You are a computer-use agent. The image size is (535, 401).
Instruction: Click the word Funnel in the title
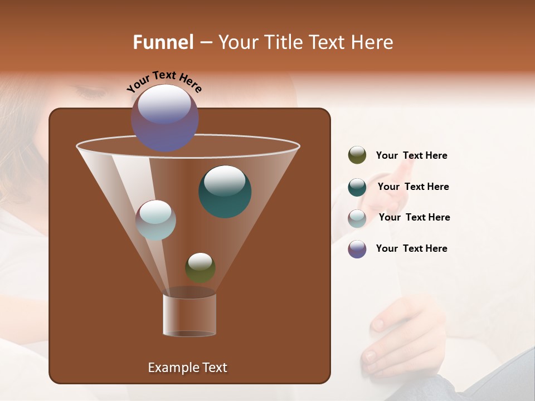(x=163, y=42)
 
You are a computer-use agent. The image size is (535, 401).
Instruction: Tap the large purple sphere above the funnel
(x=164, y=118)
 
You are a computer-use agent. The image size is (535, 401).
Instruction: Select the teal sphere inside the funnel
(x=225, y=192)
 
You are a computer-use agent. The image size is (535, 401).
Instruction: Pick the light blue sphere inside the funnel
(x=156, y=220)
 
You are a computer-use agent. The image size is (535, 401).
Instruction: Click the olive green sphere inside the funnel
(x=200, y=267)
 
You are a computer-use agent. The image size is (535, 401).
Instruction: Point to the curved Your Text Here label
(x=164, y=81)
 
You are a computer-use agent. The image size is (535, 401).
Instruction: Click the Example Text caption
(x=187, y=368)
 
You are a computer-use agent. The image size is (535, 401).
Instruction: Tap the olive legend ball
(x=357, y=155)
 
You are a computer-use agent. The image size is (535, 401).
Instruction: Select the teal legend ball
(x=357, y=187)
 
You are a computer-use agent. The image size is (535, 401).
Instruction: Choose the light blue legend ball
(x=357, y=218)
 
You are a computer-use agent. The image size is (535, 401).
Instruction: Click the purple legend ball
(x=357, y=249)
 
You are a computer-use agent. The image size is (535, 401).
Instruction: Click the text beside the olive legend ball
(x=411, y=156)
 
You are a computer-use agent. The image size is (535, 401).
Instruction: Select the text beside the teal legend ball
(x=413, y=187)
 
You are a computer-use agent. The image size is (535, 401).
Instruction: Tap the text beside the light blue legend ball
(x=414, y=217)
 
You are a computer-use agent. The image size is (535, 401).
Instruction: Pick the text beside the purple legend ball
(x=411, y=248)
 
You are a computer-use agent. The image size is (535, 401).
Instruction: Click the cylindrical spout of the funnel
(x=189, y=315)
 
